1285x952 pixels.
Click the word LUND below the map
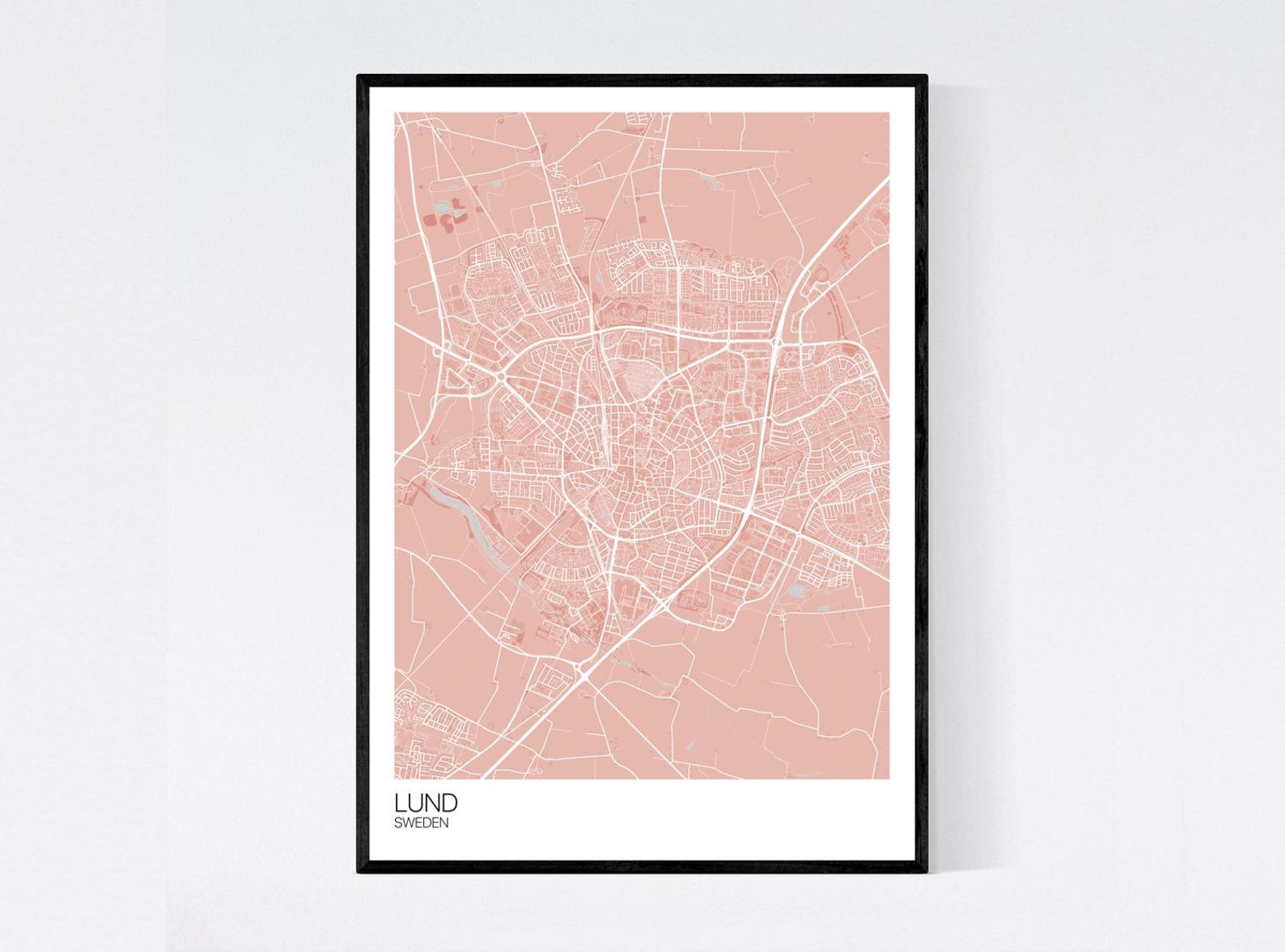426,802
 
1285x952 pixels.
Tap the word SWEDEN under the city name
421,823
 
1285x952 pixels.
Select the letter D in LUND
449,802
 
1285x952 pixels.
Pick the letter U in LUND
413,802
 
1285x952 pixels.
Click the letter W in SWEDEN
407,823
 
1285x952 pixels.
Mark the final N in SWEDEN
443,823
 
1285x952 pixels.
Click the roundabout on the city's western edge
501,378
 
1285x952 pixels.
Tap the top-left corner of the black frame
359,77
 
